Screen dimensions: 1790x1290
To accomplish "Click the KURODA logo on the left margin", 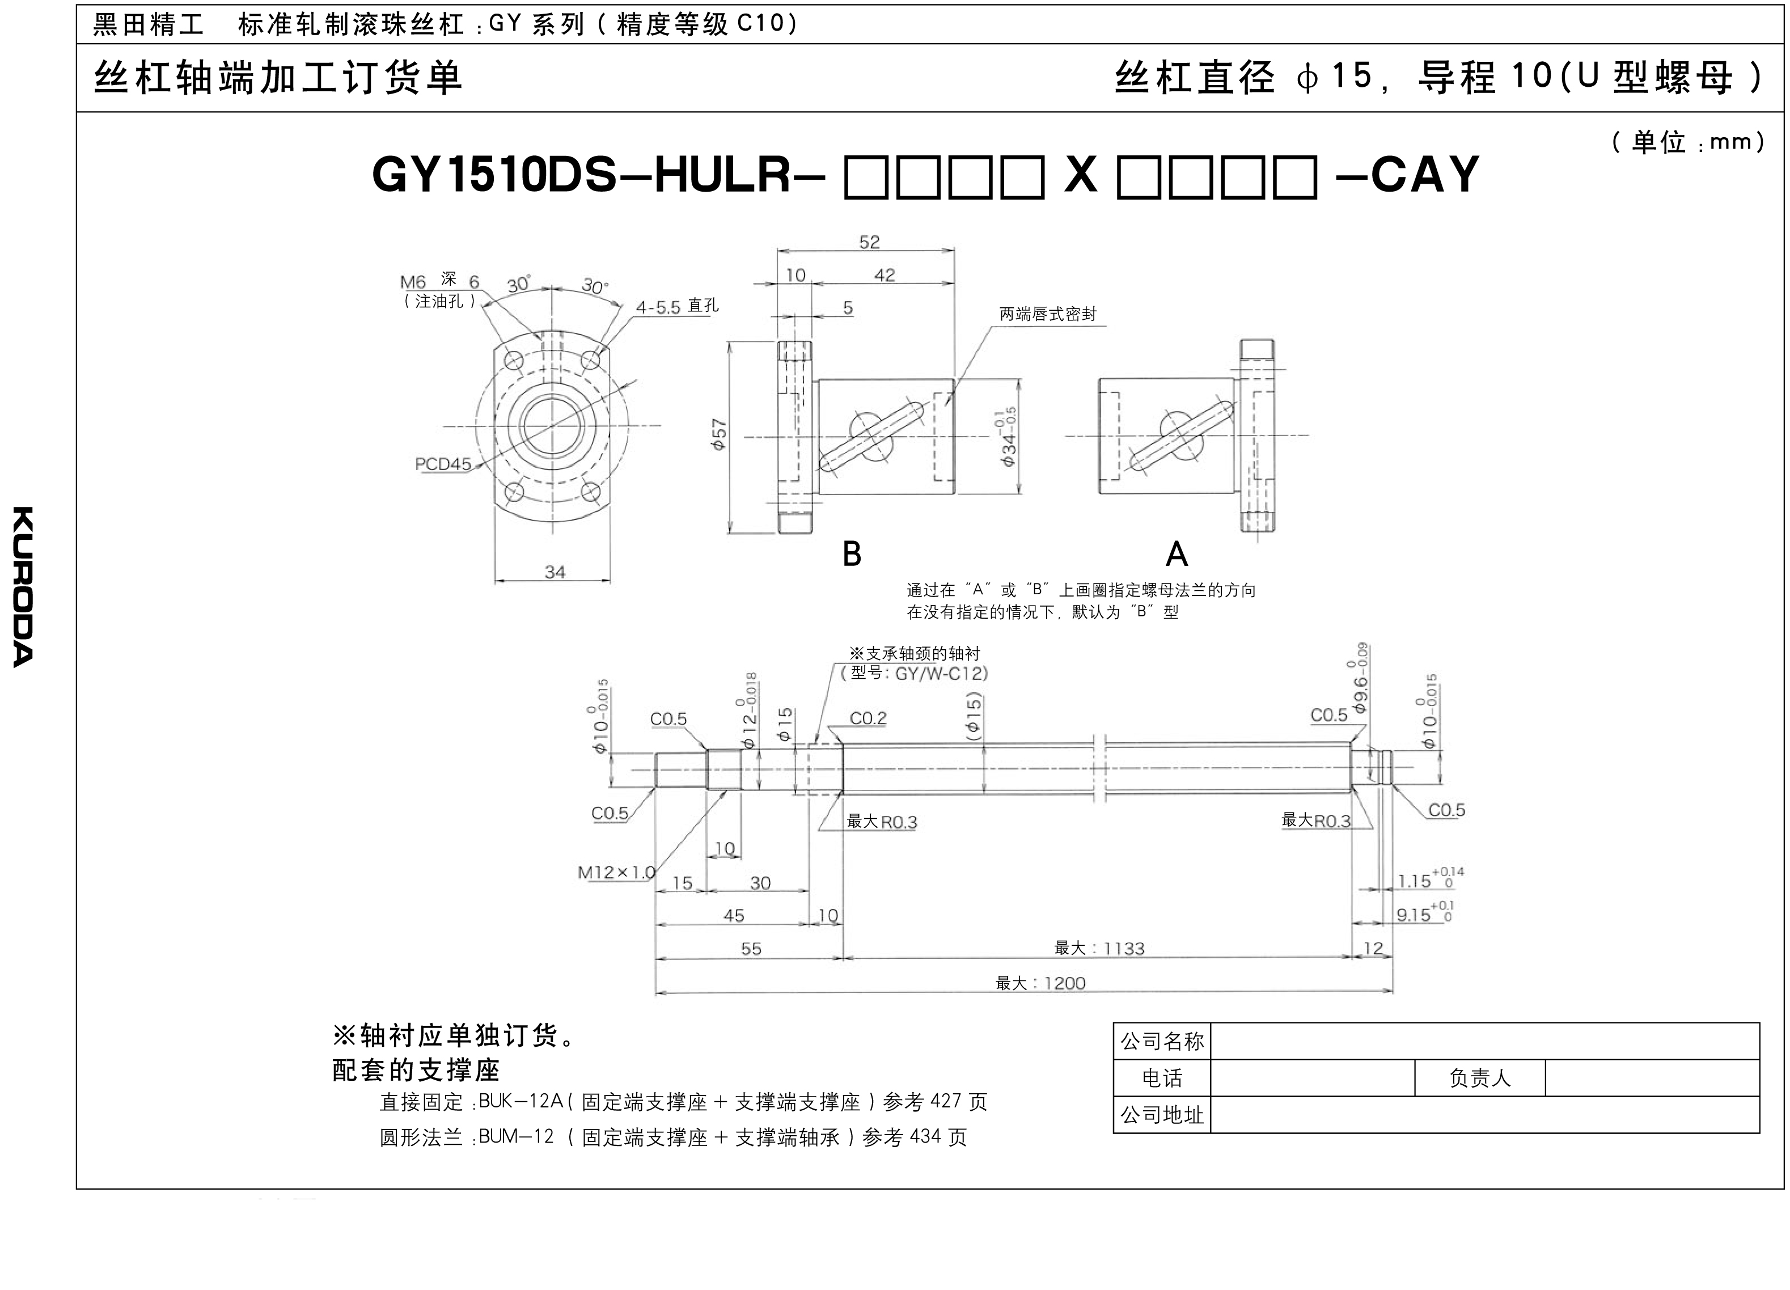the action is tap(23, 586).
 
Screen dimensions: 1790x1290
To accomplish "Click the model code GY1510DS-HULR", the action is tap(582, 175).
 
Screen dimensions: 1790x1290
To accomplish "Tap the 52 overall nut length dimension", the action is tap(869, 242).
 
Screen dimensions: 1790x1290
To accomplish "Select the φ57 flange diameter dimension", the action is tap(718, 435).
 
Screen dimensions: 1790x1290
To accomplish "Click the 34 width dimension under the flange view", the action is tap(555, 572).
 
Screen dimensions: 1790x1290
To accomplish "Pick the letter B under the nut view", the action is tap(852, 554).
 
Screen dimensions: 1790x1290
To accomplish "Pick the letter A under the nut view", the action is tap(1176, 554).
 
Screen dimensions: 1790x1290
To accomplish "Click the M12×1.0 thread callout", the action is tap(616, 872).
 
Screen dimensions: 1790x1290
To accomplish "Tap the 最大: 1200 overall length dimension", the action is tap(1040, 983).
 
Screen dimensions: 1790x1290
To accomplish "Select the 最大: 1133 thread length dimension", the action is tap(1099, 948).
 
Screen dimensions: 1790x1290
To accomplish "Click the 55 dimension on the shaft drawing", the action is tap(751, 948).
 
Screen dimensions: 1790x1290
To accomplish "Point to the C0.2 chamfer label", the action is tap(868, 718).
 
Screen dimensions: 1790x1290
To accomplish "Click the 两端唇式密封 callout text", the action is tap(1048, 314).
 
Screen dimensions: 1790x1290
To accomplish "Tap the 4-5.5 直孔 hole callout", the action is tap(677, 306).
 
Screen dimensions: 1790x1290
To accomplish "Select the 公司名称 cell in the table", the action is tap(1162, 1041).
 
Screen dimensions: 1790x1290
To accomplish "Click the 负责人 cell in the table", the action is tap(1480, 1077).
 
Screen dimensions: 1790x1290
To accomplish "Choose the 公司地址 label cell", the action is tap(1162, 1115).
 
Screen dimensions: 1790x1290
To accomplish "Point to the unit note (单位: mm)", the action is tap(1688, 142).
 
